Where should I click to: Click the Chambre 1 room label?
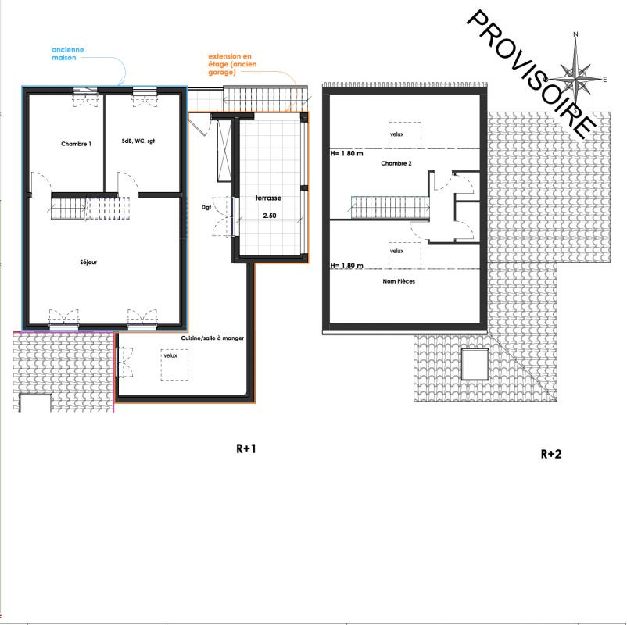76,144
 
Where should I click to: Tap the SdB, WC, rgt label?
138,141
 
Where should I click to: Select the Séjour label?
88,262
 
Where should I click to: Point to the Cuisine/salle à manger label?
213,338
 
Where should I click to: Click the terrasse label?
268,198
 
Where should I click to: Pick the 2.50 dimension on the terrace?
270,216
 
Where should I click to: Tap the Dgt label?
206,207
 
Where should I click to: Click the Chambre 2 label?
396,163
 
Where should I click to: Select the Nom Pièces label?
399,281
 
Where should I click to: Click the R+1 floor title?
246,448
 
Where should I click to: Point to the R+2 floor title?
551,454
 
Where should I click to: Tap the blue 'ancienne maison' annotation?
67,54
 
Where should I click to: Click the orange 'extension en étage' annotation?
232,64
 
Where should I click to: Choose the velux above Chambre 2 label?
405,135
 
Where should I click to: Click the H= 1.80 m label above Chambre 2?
346,153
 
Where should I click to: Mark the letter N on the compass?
576,34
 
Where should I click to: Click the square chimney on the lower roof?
475,364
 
